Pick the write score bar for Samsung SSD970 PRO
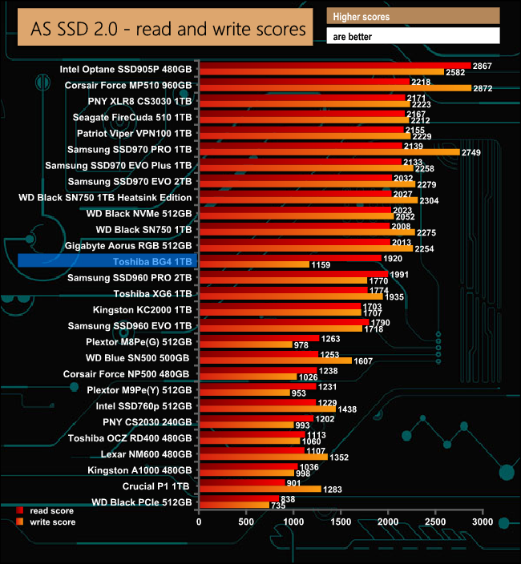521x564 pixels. [x=329, y=152]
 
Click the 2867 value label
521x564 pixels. [x=483, y=65]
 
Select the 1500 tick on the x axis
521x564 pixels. [x=341, y=522]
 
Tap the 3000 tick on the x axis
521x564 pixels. [x=483, y=522]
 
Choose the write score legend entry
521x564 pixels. [x=49, y=522]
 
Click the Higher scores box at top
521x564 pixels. [x=413, y=16]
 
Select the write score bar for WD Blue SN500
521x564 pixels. [x=275, y=361]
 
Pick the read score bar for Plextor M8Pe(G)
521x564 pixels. [x=258, y=338]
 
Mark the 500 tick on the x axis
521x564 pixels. [x=246, y=522]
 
